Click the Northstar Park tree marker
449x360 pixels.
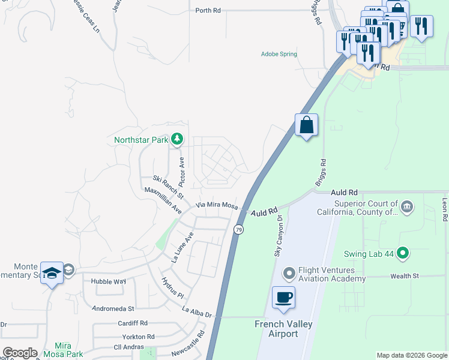(x=176, y=140)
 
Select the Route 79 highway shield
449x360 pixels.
(x=239, y=230)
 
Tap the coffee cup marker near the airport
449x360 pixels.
(x=283, y=296)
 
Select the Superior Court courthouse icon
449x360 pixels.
(x=407, y=208)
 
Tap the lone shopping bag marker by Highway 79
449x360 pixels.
(x=306, y=125)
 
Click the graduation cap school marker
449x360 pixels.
(x=52, y=272)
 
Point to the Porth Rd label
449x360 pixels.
(x=208, y=11)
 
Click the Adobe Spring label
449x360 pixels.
(x=279, y=54)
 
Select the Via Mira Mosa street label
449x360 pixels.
(x=217, y=205)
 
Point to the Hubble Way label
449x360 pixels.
(x=108, y=281)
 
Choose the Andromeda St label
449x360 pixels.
(x=112, y=308)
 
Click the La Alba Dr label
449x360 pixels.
(x=197, y=311)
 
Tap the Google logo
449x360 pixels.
(x=20, y=353)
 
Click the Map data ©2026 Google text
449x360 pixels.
(x=411, y=355)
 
